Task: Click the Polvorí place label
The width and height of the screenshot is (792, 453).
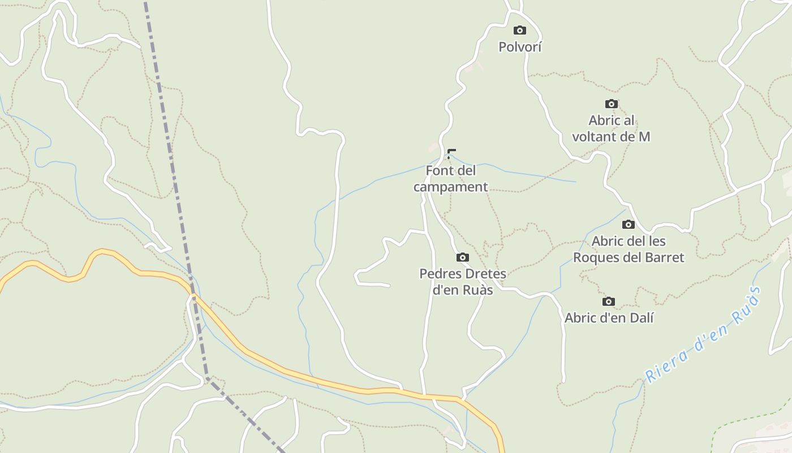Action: pyautogui.click(x=520, y=47)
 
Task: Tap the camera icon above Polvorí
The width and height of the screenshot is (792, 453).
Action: pyautogui.click(x=520, y=31)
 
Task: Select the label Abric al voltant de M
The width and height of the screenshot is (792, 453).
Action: pyautogui.click(x=611, y=129)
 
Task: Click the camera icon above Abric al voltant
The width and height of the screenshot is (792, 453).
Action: pyautogui.click(x=612, y=104)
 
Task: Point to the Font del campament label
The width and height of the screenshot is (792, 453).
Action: pyautogui.click(x=450, y=178)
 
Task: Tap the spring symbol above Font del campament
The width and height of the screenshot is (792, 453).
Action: pyautogui.click(x=451, y=153)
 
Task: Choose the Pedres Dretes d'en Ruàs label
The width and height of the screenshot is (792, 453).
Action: pyautogui.click(x=463, y=282)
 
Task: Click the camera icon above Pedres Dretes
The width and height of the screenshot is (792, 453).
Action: pyautogui.click(x=463, y=258)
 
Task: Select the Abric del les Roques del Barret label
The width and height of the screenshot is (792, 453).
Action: pyautogui.click(x=629, y=249)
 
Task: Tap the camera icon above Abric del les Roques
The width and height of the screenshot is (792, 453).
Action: pyautogui.click(x=629, y=225)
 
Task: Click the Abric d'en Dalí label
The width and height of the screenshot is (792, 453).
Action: pyautogui.click(x=609, y=318)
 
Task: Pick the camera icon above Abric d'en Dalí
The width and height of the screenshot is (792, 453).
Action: pyautogui.click(x=609, y=302)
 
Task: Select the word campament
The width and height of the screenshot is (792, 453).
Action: pyautogui.click(x=450, y=187)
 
